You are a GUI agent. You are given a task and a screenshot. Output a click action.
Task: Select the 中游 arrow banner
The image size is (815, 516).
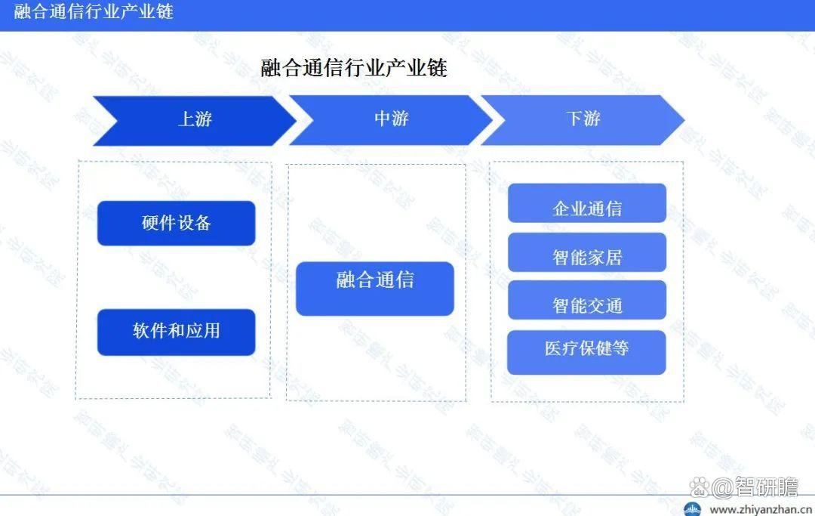(391, 120)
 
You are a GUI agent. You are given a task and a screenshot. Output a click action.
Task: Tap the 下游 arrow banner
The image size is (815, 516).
(583, 120)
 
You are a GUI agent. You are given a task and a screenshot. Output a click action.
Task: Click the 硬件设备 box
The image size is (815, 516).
(176, 223)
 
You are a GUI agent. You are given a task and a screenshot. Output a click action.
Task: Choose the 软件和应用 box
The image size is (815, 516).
(176, 332)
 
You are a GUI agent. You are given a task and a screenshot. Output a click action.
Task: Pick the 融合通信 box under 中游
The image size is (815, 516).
(375, 288)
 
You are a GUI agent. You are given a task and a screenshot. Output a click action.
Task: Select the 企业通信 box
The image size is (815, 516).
(587, 203)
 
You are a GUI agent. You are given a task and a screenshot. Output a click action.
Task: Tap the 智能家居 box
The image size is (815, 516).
(587, 252)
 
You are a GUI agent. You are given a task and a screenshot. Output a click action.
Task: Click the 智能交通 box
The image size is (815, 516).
(587, 300)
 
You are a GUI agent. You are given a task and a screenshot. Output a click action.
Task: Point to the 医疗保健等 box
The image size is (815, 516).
(587, 352)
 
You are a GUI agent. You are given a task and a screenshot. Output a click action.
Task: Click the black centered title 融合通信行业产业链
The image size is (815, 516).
(354, 68)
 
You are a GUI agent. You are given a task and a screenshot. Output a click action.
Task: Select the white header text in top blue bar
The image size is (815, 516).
(94, 11)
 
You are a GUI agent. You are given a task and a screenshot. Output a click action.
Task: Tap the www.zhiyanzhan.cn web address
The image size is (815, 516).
(761, 509)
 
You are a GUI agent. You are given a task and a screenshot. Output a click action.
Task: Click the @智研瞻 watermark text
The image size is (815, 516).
(755, 487)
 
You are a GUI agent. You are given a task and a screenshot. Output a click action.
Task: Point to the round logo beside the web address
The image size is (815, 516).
(692, 509)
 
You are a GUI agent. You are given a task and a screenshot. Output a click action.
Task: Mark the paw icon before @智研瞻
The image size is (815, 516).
(700, 488)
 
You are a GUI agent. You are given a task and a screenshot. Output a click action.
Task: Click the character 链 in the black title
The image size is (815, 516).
(437, 68)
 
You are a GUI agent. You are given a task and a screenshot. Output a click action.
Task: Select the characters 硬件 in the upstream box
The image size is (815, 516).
(158, 223)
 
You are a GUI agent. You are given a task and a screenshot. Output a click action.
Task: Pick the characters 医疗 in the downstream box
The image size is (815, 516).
(562, 348)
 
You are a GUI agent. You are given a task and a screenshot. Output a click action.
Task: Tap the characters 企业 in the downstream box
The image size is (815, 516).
(570, 209)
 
